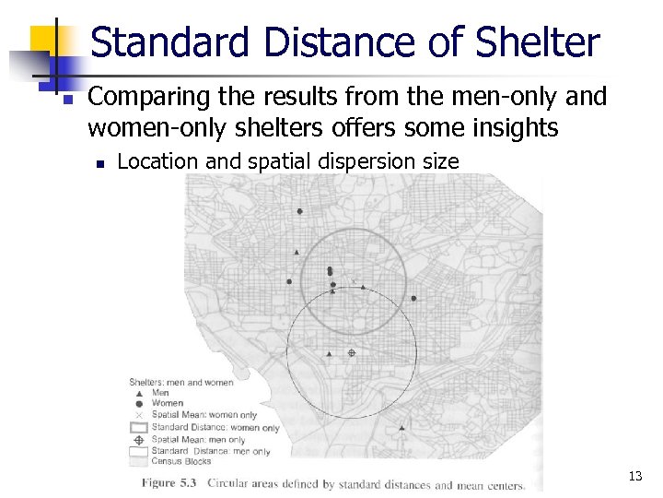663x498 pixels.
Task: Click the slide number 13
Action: [x=634, y=476]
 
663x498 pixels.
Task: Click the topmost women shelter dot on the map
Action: [x=300, y=211]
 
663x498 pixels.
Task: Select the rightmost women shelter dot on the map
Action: [x=414, y=298]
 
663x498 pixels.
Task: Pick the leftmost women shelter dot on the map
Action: [x=289, y=281]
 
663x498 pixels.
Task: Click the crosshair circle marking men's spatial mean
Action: [x=351, y=353]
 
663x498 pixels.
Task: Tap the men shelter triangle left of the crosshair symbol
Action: [x=330, y=353]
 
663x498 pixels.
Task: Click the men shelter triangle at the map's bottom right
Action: [x=402, y=428]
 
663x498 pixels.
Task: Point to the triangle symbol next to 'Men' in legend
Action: [x=139, y=393]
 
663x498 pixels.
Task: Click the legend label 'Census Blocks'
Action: [x=179, y=462]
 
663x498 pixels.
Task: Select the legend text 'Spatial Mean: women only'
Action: [x=204, y=416]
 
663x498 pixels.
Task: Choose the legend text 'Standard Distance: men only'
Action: [x=211, y=452]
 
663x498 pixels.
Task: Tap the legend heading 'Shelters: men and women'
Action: [x=180, y=382]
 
